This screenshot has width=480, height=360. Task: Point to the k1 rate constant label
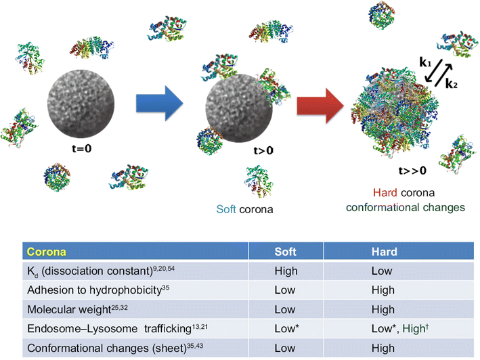(x=426, y=63)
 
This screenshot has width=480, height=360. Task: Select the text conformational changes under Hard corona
(x=405, y=207)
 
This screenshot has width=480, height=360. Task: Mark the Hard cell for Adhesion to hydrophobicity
(x=383, y=291)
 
